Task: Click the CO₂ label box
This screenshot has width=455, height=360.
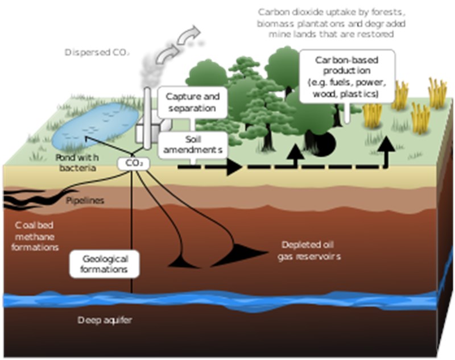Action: point(134,164)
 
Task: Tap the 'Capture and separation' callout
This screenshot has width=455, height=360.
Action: point(192,102)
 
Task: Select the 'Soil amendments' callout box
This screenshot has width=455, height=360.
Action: point(193,145)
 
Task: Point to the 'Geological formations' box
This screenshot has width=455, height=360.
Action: point(105,264)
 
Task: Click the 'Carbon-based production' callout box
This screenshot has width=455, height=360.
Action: point(347,77)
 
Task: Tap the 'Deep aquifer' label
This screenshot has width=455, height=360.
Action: point(105,320)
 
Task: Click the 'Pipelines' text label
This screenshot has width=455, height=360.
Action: point(85,200)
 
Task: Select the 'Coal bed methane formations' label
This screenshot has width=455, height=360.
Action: point(35,237)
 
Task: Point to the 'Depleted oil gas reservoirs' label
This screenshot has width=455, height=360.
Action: point(309,251)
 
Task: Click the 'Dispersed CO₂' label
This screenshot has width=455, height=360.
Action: point(97,52)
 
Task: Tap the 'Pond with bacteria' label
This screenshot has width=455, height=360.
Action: point(77,163)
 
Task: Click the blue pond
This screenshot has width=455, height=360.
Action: point(95,125)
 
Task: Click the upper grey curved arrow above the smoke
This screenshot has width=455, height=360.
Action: point(188,35)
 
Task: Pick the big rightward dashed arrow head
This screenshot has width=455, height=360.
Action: point(234,167)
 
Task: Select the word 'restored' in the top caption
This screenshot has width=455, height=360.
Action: point(375,34)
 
